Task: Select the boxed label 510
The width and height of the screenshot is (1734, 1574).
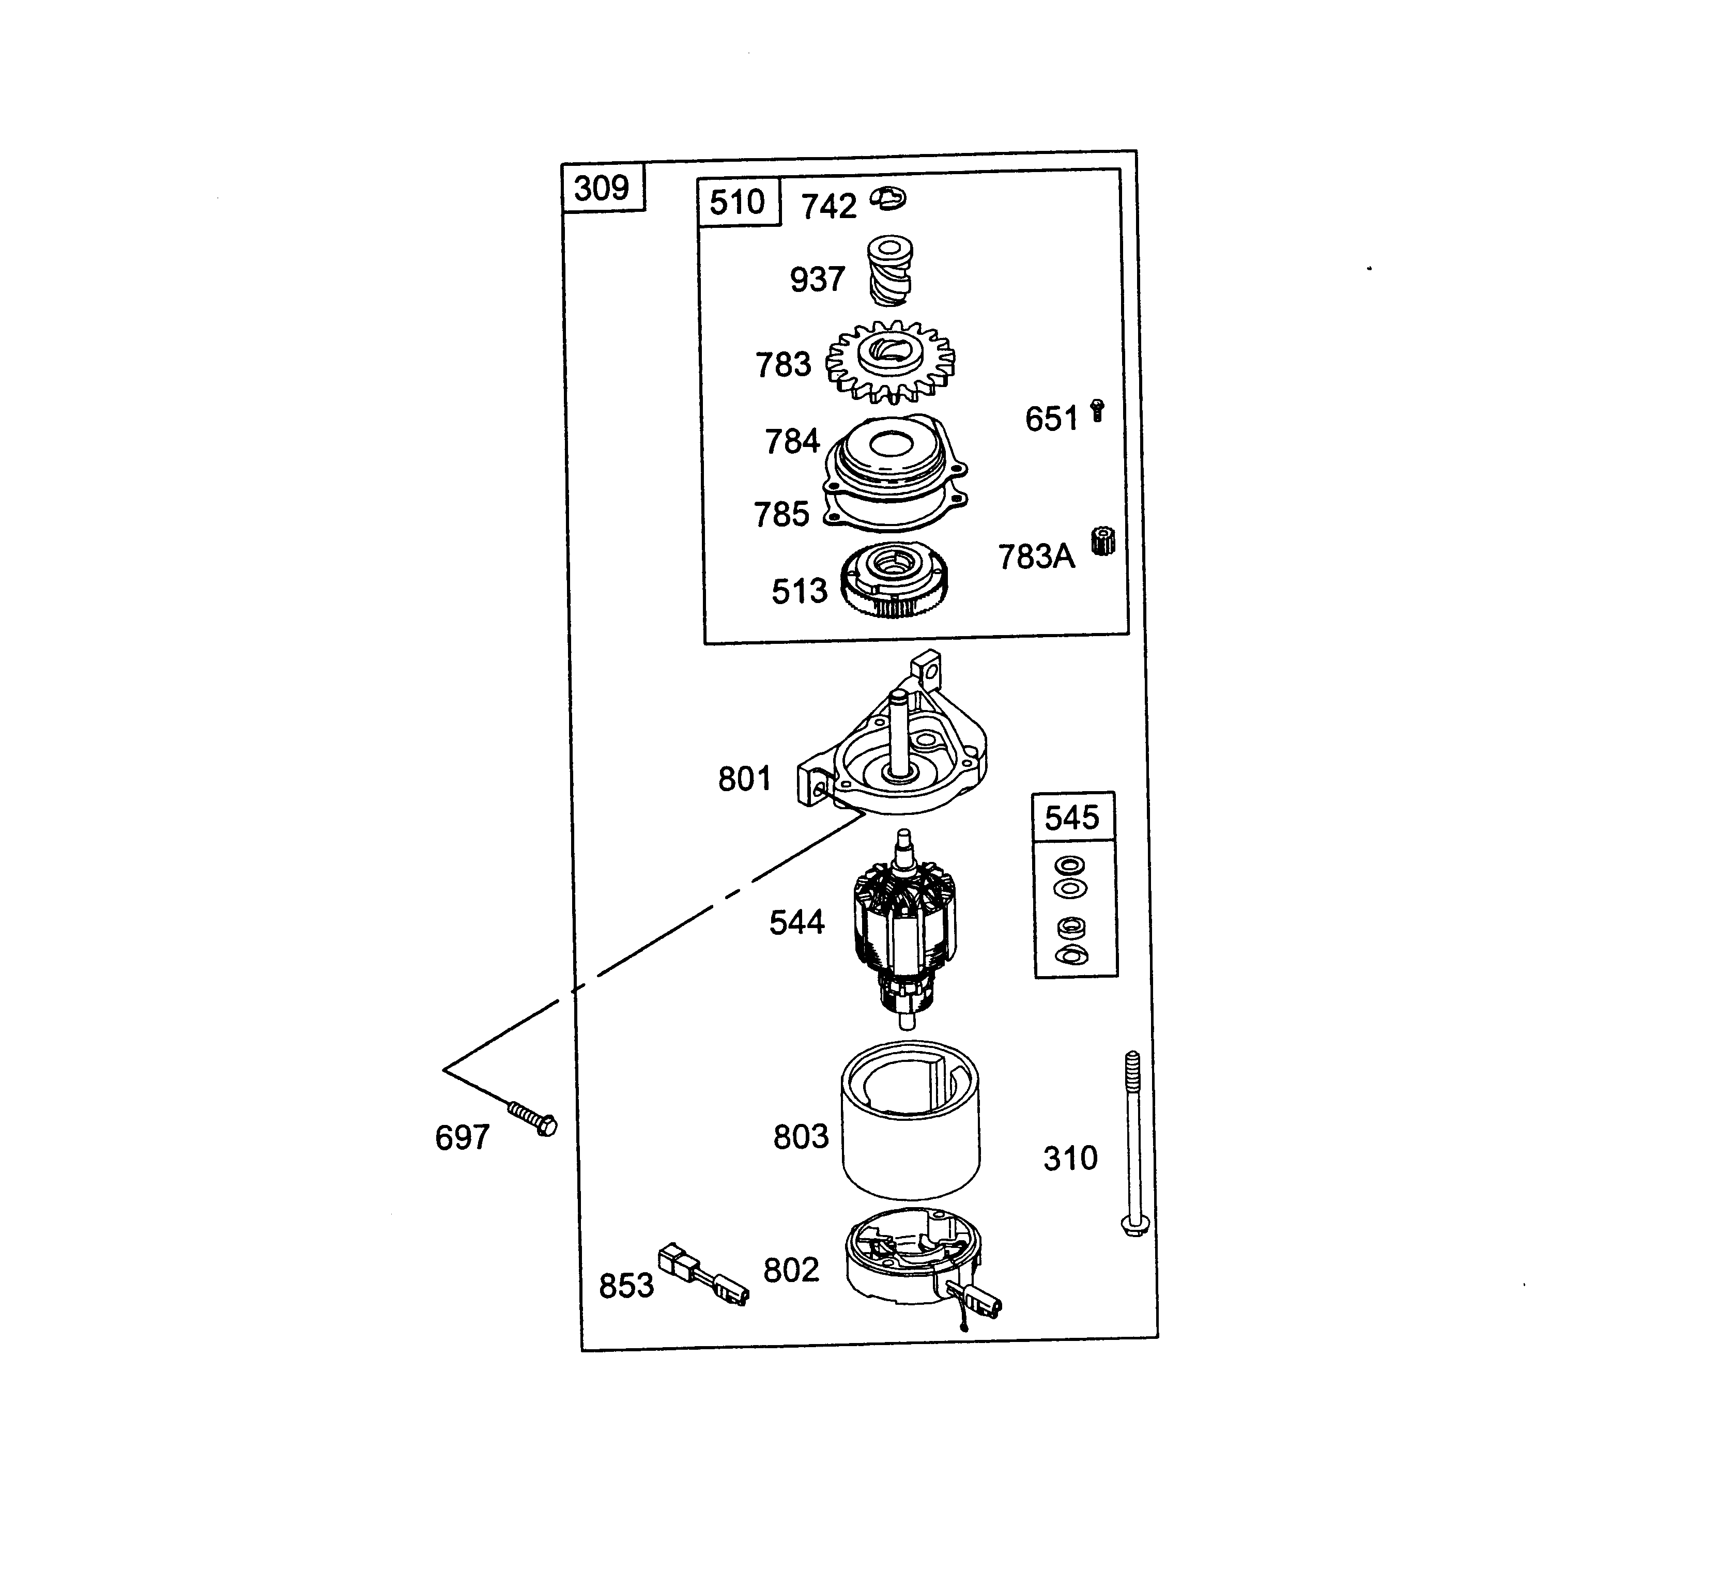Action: (737, 202)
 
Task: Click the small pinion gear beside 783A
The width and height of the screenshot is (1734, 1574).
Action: (1102, 541)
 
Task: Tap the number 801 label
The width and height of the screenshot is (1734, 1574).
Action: (744, 779)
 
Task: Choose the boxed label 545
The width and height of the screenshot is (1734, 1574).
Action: (1072, 817)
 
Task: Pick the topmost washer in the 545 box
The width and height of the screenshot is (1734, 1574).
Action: (1070, 865)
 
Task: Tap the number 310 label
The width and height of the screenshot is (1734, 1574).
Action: (1070, 1159)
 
